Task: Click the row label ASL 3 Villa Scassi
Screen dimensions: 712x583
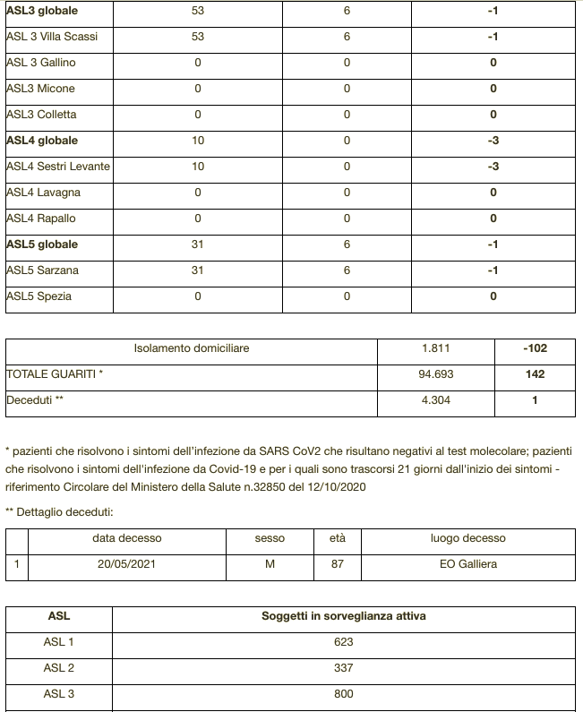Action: [x=52, y=37]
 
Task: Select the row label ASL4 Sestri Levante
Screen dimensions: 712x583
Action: [x=57, y=167]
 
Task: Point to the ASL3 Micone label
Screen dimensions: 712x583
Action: [x=41, y=89]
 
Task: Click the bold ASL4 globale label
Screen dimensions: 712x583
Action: [x=42, y=141]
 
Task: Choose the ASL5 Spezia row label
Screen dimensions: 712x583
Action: [x=39, y=296]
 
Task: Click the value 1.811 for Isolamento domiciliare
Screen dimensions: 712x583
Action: [x=435, y=347]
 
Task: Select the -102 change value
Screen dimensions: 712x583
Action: [x=535, y=347]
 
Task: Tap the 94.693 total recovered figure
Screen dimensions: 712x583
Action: [x=435, y=374]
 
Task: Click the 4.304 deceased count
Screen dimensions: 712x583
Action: [x=435, y=400]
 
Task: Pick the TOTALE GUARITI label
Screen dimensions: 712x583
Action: [x=55, y=374]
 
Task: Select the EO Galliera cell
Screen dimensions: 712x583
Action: [x=467, y=564]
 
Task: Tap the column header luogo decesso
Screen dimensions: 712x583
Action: [x=467, y=538]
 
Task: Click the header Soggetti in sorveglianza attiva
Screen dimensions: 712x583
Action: [x=343, y=616]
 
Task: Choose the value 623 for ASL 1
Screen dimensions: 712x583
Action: [x=343, y=642]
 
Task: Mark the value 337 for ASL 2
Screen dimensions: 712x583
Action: [x=343, y=668]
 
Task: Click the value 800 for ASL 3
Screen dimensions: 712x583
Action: [x=343, y=694]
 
